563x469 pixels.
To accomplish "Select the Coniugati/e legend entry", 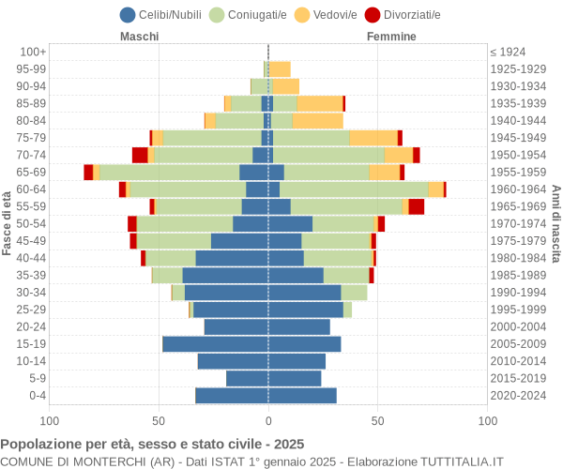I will coord(249,14).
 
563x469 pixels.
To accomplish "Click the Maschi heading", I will coord(139,37).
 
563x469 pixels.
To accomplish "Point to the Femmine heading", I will coord(391,37).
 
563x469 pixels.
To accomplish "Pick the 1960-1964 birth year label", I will coord(520,189).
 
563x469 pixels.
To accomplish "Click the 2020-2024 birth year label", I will coord(520,395).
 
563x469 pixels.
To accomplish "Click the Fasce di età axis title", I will coord(8,223).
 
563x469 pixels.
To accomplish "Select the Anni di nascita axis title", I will coord(555,223).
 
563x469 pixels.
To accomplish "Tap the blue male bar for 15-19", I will coord(215,343).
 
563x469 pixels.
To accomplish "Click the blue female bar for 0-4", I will coord(302,395).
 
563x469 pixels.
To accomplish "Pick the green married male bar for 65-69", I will coord(169,172).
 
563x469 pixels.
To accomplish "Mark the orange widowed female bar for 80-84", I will coord(317,120).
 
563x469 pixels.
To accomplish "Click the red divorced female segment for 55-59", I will coord(416,206).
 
